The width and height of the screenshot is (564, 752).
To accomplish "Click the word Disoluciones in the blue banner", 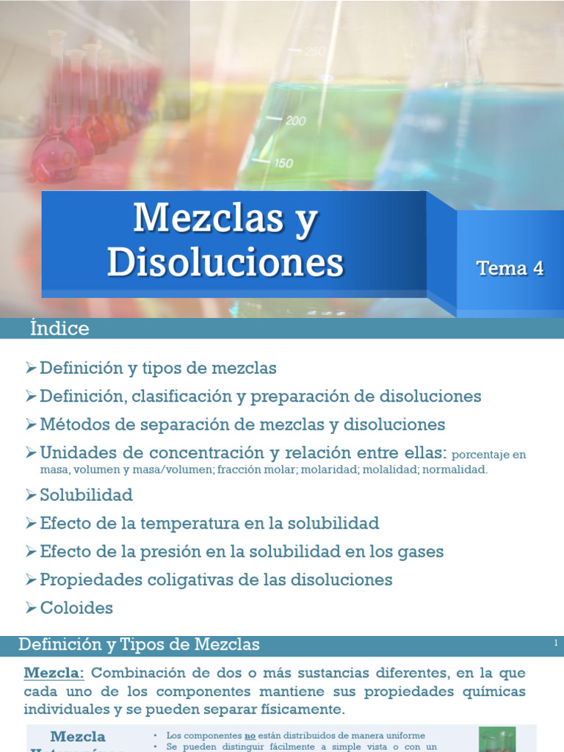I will tap(225, 261).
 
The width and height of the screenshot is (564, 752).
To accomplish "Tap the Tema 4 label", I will tap(510, 268).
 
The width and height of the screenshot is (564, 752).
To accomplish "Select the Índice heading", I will tap(59, 328).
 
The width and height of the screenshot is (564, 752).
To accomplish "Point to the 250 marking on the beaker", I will tap(315, 51).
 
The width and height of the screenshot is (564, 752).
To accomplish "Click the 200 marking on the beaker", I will tap(294, 121).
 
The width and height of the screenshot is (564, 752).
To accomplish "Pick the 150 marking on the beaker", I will tap(283, 163).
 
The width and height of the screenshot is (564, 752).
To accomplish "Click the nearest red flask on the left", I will tap(54, 158).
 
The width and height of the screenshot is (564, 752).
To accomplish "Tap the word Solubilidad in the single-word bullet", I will tap(86, 493).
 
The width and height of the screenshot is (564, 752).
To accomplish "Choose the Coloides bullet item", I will tap(76, 608).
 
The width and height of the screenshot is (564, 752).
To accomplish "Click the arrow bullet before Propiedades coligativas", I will tap(30, 579).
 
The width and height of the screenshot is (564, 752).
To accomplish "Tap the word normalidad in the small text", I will tap(459, 469).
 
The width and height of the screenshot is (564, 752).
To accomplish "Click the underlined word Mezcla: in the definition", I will tap(54, 673).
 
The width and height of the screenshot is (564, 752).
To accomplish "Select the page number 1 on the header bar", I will tap(556, 643).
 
